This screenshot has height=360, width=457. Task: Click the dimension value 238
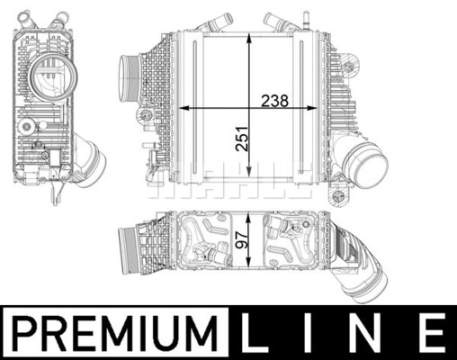click(x=274, y=101)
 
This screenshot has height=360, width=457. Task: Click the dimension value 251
click(x=242, y=139)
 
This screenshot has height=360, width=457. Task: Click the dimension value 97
click(x=242, y=239)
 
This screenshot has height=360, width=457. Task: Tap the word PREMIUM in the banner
click(x=116, y=333)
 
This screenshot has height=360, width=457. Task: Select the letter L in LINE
click(x=255, y=333)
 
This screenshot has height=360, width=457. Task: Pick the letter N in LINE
click(x=364, y=333)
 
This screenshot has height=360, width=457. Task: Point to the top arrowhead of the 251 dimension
click(x=249, y=40)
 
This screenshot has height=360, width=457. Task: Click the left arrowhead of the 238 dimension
click(x=184, y=108)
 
